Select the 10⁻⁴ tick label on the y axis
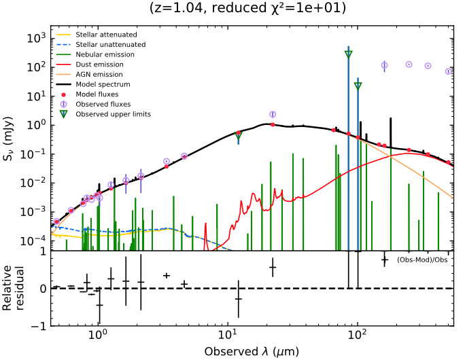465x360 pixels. click(35, 240)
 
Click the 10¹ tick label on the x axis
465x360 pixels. click(227, 334)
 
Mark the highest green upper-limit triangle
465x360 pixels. click(348, 54)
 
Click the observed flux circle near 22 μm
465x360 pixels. click(273, 115)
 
